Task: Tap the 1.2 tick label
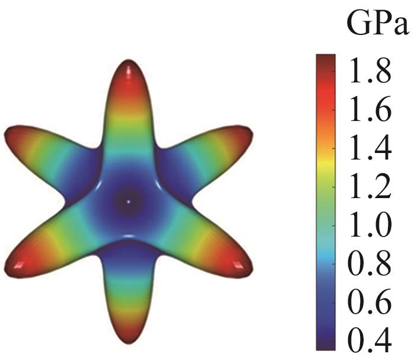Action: tap(369, 187)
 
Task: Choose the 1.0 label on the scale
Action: tap(369, 226)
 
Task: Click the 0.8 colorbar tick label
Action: tap(369, 265)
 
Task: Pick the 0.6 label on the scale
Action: tap(369, 303)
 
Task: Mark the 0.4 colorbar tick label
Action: tap(369, 340)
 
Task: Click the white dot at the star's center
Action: tap(129, 202)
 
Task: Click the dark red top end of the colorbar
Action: tap(325, 59)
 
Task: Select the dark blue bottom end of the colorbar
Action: tap(325, 344)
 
